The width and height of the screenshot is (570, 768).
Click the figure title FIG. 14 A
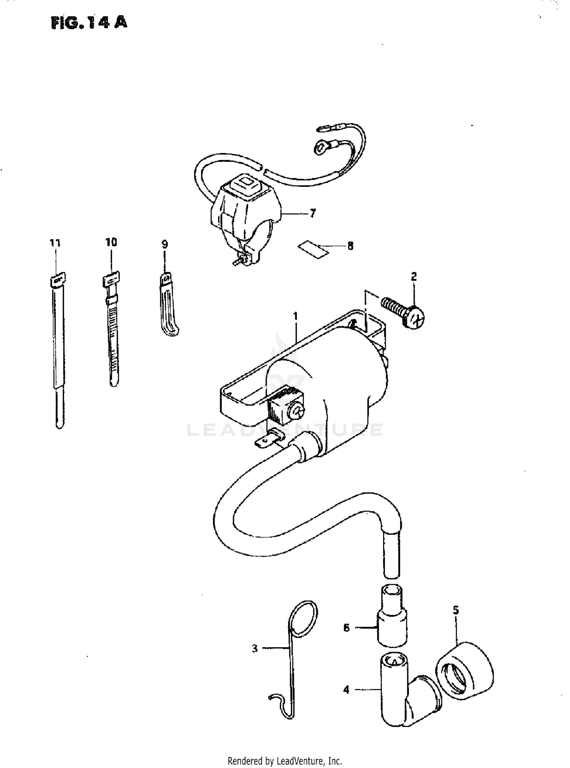[89, 22]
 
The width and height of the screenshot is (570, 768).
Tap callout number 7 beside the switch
[312, 214]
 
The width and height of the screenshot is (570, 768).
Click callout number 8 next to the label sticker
[350, 246]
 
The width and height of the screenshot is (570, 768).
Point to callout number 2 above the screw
[414, 277]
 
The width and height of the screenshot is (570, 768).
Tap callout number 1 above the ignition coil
[296, 316]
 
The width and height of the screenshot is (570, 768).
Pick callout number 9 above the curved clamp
[165, 244]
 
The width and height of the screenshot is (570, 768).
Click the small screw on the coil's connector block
[296, 411]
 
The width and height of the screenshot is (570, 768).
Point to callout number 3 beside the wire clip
[255, 648]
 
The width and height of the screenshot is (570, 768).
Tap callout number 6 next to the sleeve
[346, 628]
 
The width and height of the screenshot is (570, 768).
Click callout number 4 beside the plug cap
[346, 689]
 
